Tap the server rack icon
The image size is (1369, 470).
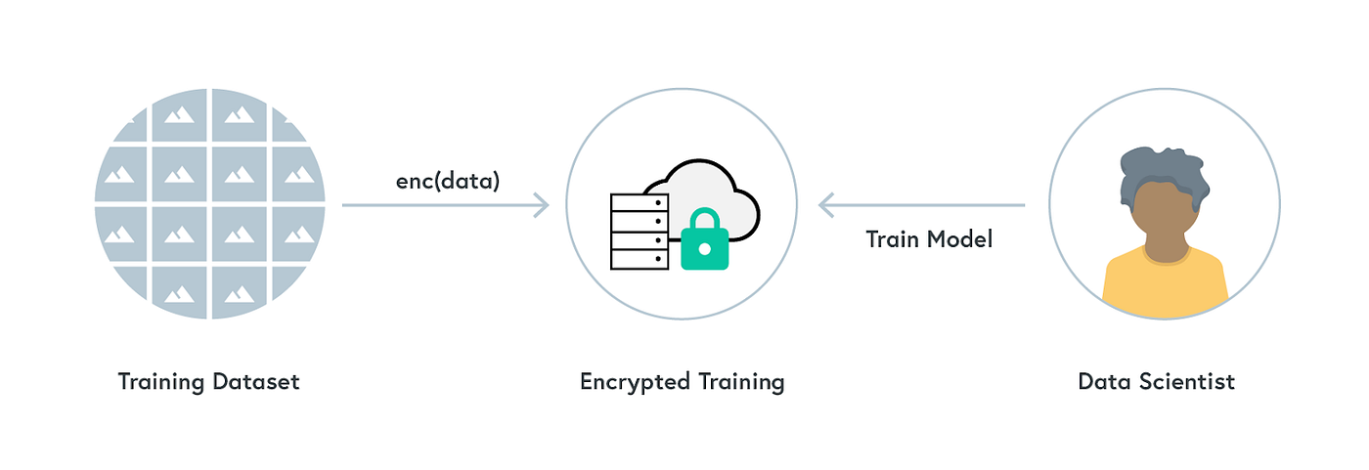[640, 231]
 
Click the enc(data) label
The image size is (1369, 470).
[447, 181]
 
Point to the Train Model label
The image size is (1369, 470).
[929, 238]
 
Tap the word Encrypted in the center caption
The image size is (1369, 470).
[633, 382]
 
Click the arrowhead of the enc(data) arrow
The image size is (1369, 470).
[541, 205]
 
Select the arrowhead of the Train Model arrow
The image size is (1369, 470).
[826, 205]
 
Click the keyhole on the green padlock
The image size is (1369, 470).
[704, 250]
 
